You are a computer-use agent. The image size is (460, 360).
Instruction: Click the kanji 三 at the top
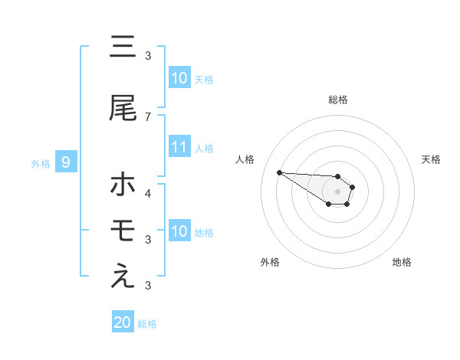[x=123, y=47]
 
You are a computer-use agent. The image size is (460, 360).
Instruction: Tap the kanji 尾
[x=123, y=109]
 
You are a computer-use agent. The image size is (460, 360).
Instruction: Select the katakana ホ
[x=123, y=185]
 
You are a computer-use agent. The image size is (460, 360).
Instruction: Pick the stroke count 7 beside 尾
[x=148, y=116]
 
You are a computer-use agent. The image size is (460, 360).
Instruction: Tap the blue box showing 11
[x=179, y=148]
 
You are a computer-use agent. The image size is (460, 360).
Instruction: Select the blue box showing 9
[x=66, y=162]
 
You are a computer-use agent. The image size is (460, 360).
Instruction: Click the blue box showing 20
[x=123, y=322]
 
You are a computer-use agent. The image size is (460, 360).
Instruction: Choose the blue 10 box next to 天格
[x=179, y=78]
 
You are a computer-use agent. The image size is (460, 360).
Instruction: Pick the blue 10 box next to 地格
[x=179, y=231]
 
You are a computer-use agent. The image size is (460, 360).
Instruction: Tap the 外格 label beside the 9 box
[x=41, y=163]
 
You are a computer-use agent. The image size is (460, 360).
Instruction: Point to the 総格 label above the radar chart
[x=338, y=100]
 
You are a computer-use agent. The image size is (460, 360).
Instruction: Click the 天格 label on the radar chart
[x=432, y=159]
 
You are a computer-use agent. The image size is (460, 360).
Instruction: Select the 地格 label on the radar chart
[x=402, y=262]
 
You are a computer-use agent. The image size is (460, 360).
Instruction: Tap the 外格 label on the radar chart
[x=270, y=262]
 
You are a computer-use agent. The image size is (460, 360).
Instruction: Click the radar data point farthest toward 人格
[x=279, y=172]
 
